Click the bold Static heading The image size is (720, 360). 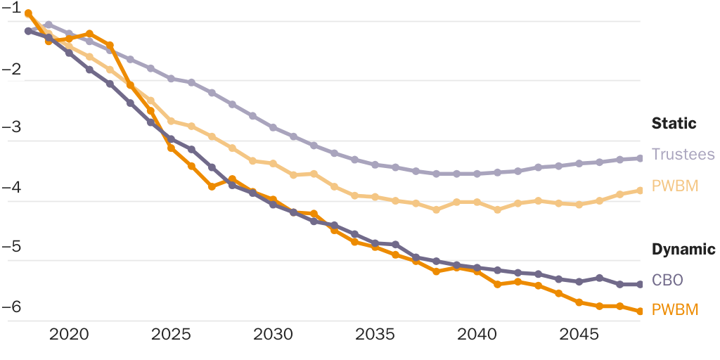coord(674,124)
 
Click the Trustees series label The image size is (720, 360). coord(683,155)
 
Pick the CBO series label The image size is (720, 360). coord(667,280)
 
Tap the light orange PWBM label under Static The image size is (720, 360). coord(675,186)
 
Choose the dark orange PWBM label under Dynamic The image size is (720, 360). coord(675,309)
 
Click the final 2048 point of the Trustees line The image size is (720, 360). coord(640,158)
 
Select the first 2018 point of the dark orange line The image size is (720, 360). coord(28,13)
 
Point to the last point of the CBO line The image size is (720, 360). coord(640,284)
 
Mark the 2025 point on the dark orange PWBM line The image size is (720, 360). coord(171,148)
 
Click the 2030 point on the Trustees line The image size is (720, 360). coord(273,127)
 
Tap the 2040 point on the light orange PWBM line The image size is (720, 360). coord(477,202)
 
